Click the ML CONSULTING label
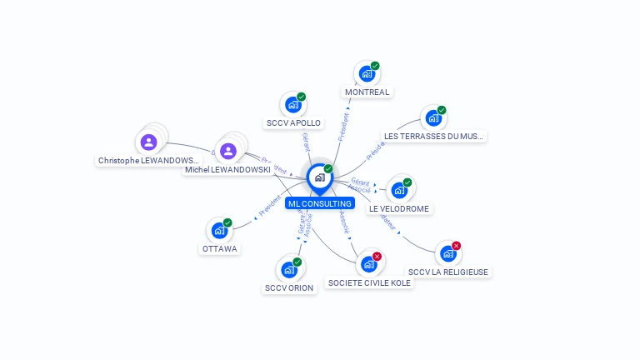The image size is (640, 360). coord(320,203)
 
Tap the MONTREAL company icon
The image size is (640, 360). coord(367,74)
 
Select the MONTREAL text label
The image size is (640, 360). coord(367,92)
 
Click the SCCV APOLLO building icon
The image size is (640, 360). coord(292,105)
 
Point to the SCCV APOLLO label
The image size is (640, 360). coord(293,122)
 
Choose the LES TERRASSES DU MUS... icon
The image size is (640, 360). coord(433,118)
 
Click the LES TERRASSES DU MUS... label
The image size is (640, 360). coord(433,136)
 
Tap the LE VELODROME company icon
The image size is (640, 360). coord(399,191)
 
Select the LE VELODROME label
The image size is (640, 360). coord(400,208)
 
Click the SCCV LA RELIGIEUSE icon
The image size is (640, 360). coord(448,253)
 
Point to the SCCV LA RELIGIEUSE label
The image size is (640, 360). coord(448,272)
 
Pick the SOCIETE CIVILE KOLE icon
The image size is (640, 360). coord(368,264)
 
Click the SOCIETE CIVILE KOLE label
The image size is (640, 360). coord(369,282)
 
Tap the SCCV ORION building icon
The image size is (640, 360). coord(289,270)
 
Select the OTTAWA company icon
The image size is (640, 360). coord(219,231)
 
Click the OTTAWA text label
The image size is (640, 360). coord(220,248)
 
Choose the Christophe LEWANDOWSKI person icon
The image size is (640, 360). coord(149,142)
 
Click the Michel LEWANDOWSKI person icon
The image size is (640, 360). coord(228,151)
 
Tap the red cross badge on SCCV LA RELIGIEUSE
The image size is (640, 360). coord(456,246)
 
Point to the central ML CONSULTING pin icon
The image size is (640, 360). coord(319,177)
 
